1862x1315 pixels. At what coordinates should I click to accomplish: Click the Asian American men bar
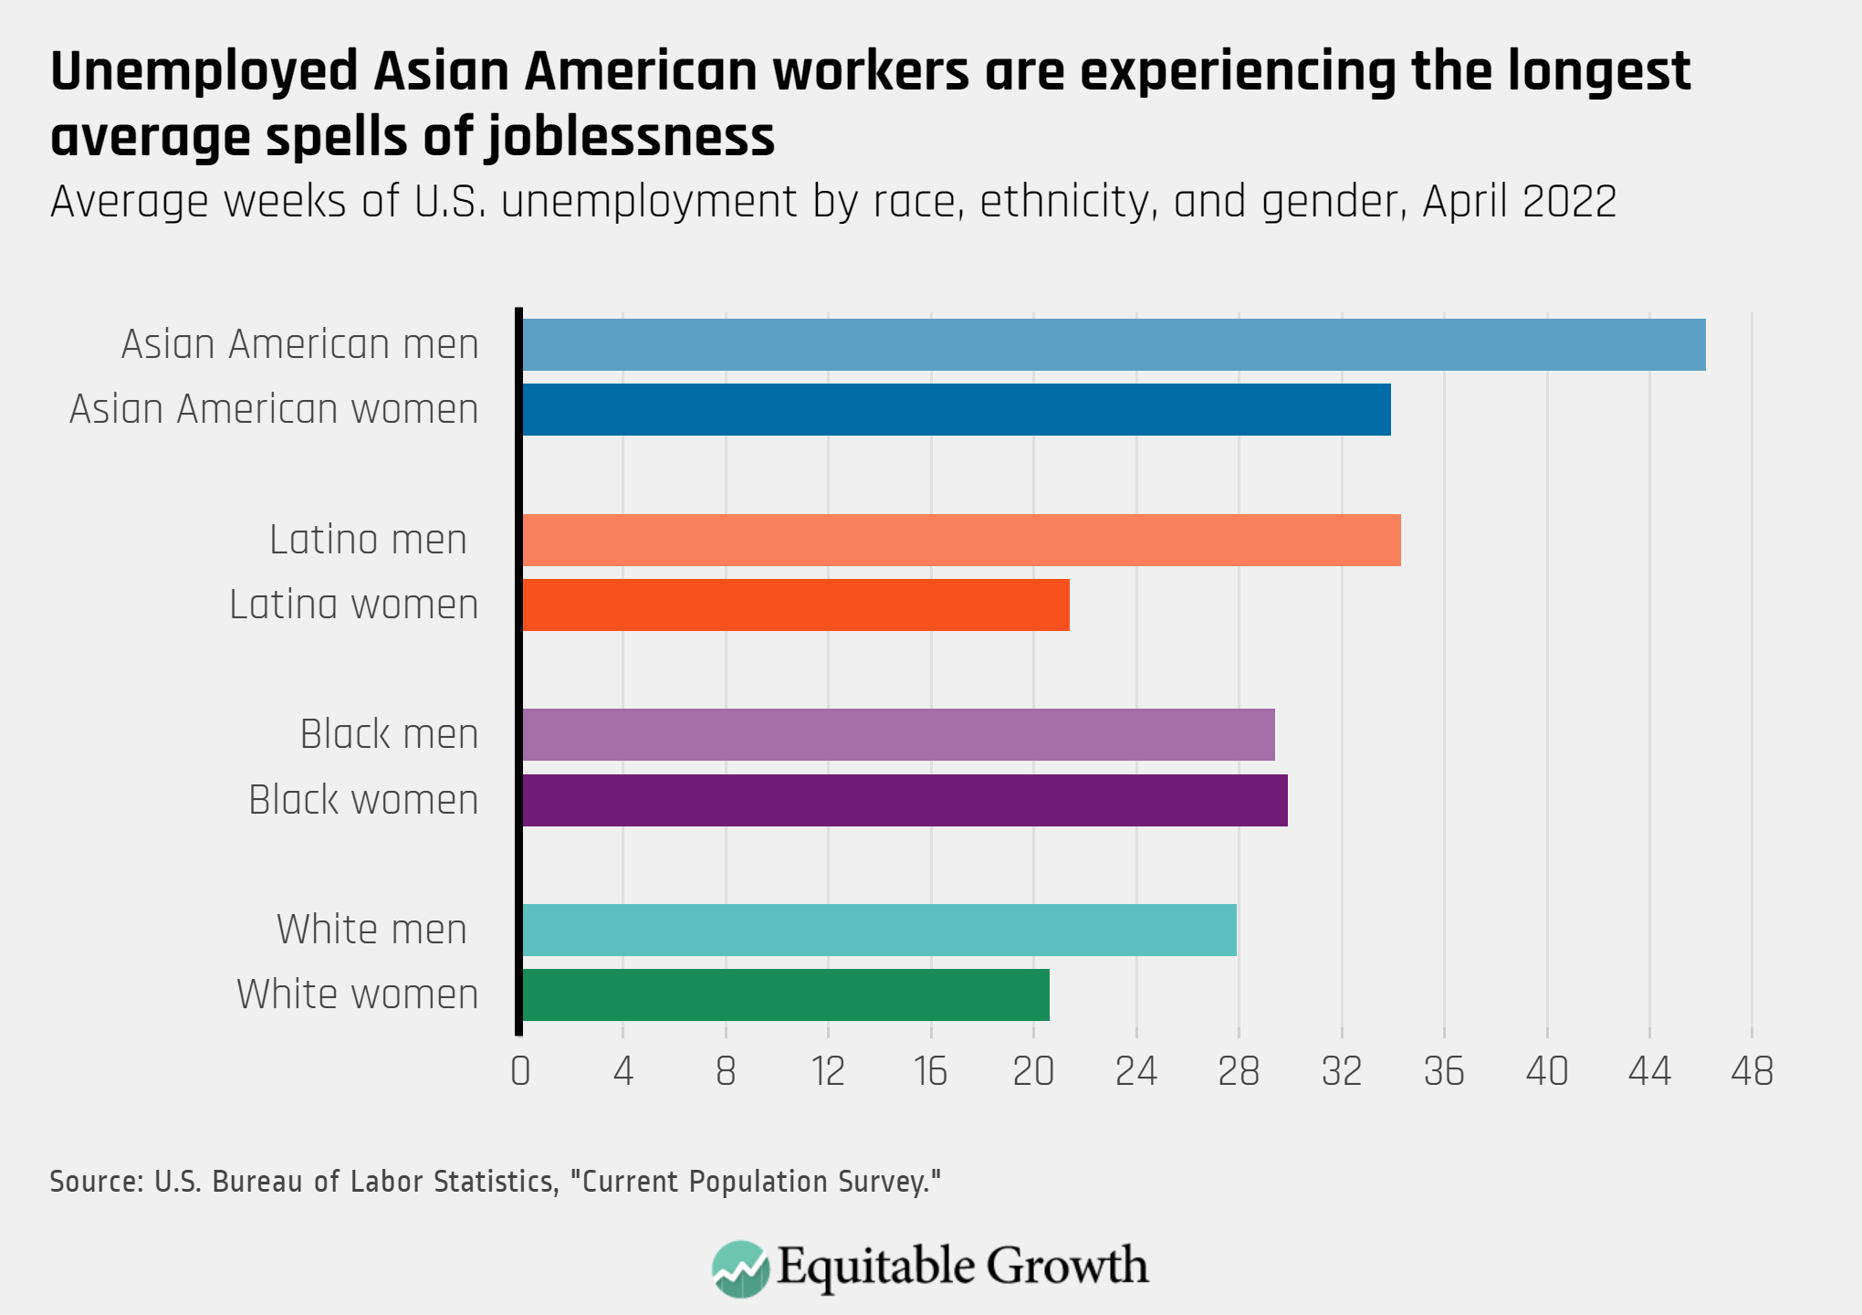coord(1112,344)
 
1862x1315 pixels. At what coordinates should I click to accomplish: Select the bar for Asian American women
coord(955,409)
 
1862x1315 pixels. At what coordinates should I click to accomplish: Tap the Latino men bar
coord(960,540)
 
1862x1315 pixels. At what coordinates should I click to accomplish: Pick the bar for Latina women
coord(794,605)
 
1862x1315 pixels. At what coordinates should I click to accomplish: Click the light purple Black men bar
coord(897,734)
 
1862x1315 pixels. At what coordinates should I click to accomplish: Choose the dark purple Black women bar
coord(904,800)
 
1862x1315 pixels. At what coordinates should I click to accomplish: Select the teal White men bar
coord(878,930)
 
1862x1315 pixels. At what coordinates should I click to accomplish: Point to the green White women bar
coord(785,994)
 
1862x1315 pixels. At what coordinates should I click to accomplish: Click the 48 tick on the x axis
coord(1752,1071)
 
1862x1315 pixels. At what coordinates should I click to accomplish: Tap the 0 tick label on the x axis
coord(520,1071)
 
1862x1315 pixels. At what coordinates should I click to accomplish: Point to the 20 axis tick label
coord(1033,1071)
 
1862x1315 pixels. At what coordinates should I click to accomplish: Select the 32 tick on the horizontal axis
coord(1341,1071)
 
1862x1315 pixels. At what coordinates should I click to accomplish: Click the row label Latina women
coord(354,605)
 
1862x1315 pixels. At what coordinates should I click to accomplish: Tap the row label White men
coord(372,930)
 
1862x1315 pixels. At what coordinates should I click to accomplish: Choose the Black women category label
coord(363,800)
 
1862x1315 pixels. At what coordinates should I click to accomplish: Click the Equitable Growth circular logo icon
coord(740,1268)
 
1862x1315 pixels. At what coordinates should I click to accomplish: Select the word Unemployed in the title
coord(204,72)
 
